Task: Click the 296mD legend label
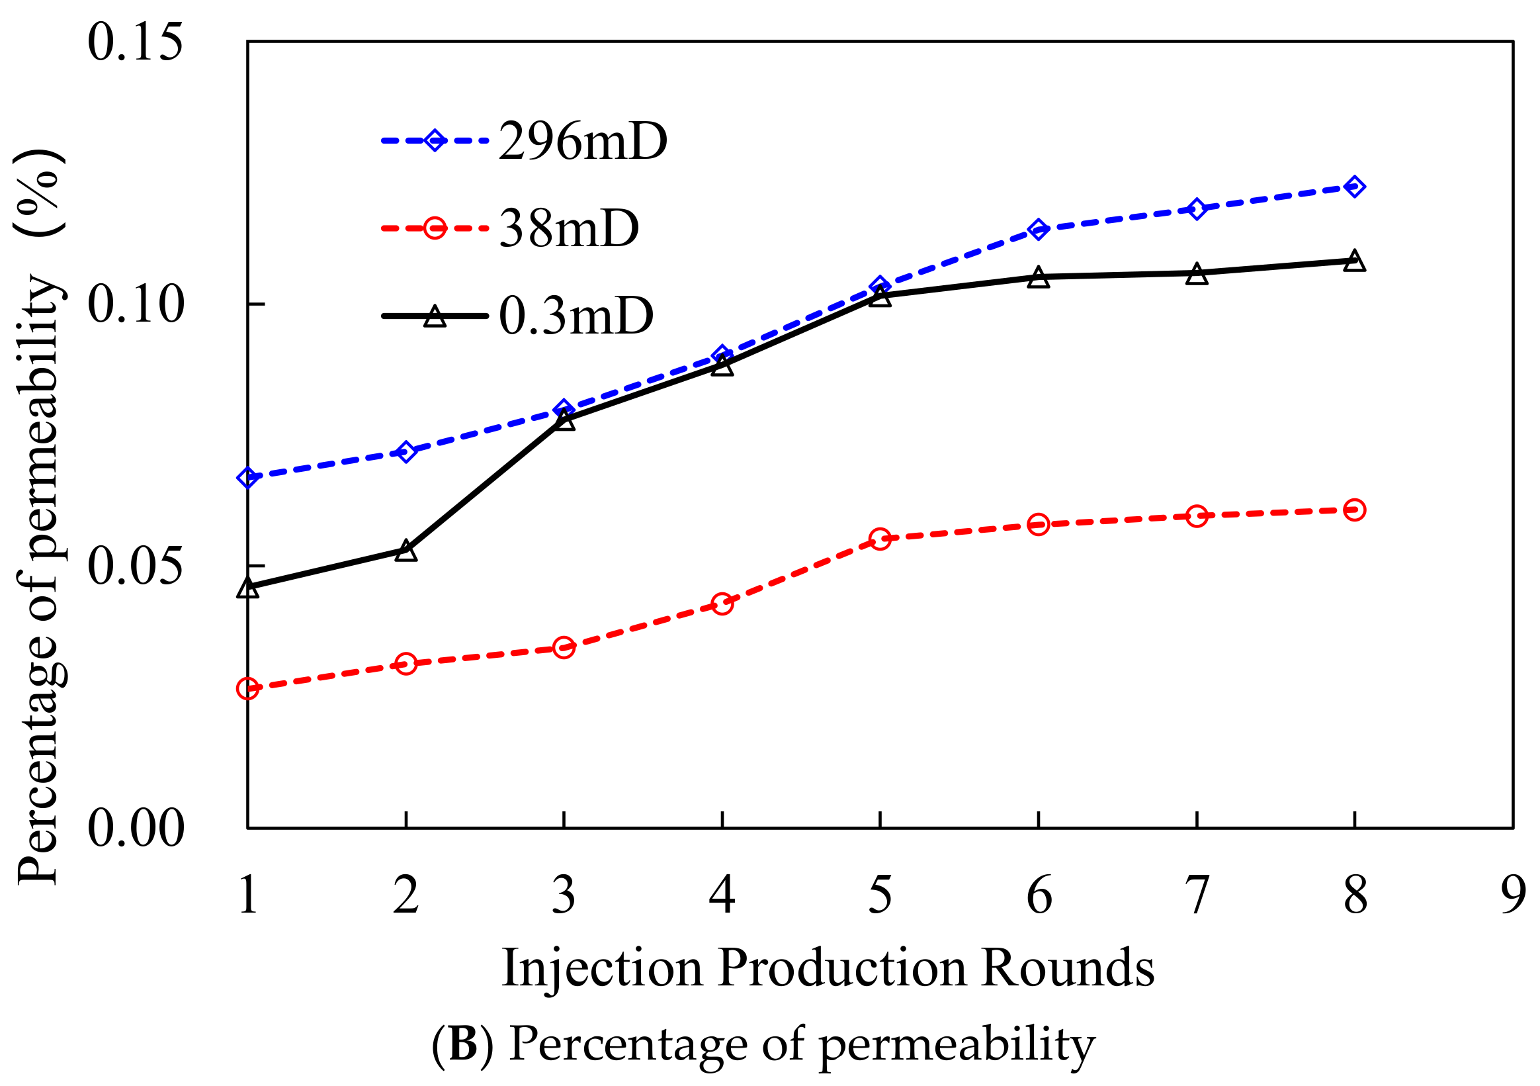click(582, 142)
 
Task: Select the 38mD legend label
click(569, 229)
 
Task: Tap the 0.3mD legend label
click(576, 316)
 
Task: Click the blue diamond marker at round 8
click(1354, 187)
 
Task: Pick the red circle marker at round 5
click(880, 538)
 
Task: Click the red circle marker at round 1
click(247, 689)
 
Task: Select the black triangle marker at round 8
click(1354, 261)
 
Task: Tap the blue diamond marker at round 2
click(406, 452)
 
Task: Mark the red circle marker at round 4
click(722, 604)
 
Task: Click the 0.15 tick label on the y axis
click(135, 42)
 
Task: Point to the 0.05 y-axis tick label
click(135, 565)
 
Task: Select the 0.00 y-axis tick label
click(135, 828)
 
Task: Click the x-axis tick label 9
click(1513, 896)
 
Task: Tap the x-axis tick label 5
click(880, 896)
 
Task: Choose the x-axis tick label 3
click(564, 896)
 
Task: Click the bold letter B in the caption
click(463, 1044)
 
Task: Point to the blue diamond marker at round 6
click(1039, 230)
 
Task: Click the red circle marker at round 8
click(1354, 510)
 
